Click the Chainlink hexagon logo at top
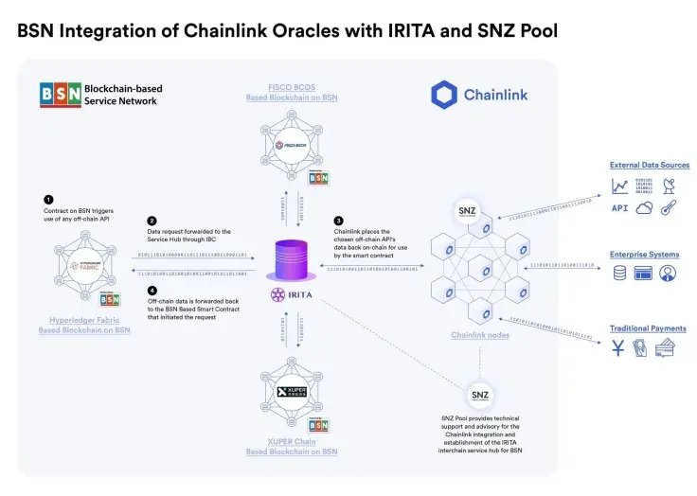tap(443, 95)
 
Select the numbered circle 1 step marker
tap(48, 199)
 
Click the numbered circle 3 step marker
tap(339, 220)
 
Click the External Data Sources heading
tap(649, 166)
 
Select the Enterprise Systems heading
tap(644, 254)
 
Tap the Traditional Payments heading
tap(648, 328)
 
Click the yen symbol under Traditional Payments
tap(618, 349)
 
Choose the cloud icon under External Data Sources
tap(644, 208)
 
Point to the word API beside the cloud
tap(619, 208)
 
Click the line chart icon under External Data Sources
tap(619, 186)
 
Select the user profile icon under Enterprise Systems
tap(669, 274)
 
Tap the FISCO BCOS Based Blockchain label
tap(292, 93)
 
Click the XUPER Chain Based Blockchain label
tap(292, 447)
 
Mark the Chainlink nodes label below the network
tap(481, 335)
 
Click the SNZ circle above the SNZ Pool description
tap(480, 394)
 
